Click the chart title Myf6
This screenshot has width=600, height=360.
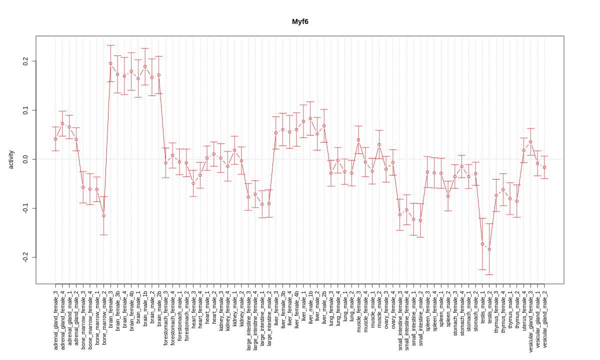(300, 21)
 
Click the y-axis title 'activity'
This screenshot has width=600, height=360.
(11, 159)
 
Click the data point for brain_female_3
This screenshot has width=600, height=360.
(110, 63)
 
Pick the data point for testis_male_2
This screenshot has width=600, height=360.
(489, 249)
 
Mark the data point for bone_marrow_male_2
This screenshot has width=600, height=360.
(103, 216)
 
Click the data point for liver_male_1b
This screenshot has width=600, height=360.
(310, 118)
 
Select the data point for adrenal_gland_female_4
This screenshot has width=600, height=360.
(62, 123)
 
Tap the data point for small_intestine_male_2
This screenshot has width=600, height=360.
(420, 220)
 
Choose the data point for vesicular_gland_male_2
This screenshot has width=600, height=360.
(544, 167)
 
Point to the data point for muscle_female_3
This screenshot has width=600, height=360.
(358, 140)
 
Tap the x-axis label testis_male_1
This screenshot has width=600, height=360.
(482, 308)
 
